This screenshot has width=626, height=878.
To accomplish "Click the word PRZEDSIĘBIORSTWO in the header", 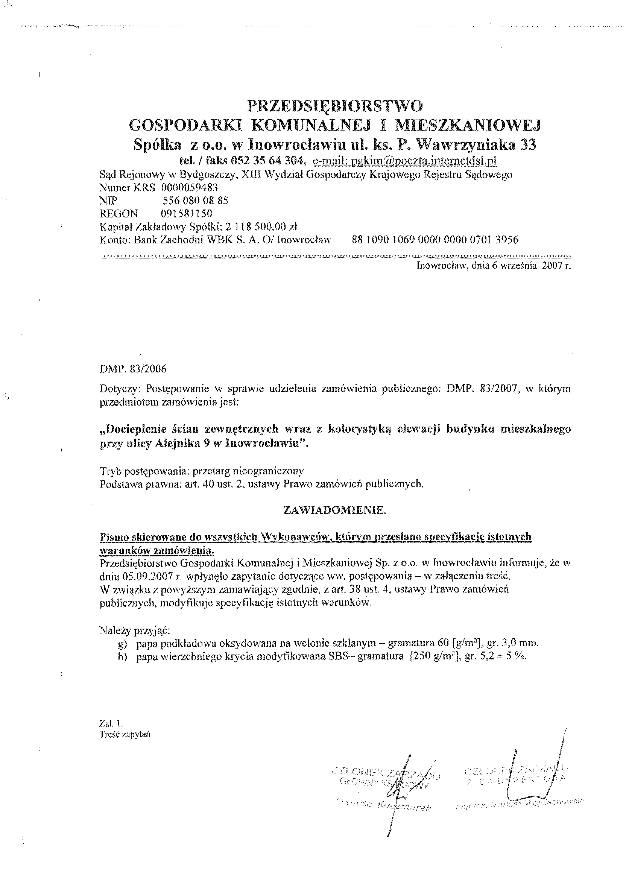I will [x=335, y=105].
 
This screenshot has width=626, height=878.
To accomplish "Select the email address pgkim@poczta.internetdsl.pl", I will [x=404, y=160].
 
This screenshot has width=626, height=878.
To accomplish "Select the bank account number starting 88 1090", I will [x=435, y=240].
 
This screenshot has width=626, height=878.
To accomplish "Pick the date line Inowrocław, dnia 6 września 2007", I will [x=494, y=266].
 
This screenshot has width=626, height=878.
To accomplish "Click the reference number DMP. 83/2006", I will [x=133, y=369].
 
